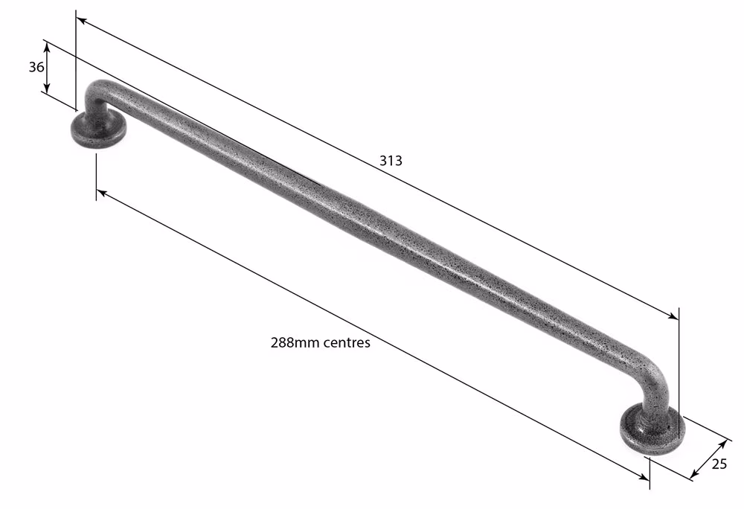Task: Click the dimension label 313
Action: pyautogui.click(x=391, y=161)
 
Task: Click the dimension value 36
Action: pyautogui.click(x=36, y=68)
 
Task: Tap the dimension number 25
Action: pyautogui.click(x=719, y=464)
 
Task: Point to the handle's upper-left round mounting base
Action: pyautogui.click(x=99, y=129)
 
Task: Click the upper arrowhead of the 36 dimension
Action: pyautogui.click(x=46, y=45)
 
